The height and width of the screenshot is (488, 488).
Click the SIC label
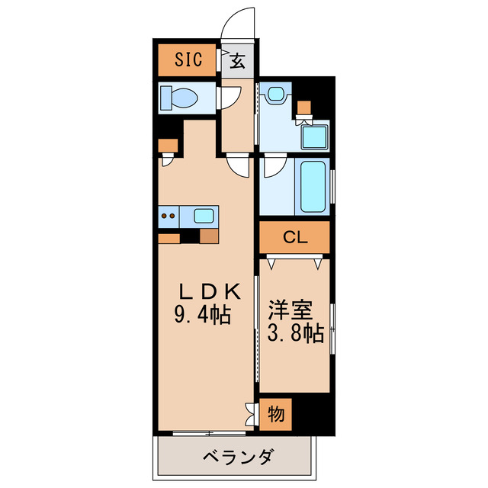(x=188, y=60)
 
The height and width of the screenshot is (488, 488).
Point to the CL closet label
(x=294, y=237)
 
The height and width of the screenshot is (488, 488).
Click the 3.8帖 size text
(x=295, y=332)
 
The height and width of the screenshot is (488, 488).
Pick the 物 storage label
(x=276, y=415)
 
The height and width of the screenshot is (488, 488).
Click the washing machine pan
(x=313, y=137)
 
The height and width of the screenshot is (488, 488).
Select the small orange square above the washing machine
(x=304, y=107)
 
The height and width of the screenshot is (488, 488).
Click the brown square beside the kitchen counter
(x=208, y=236)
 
